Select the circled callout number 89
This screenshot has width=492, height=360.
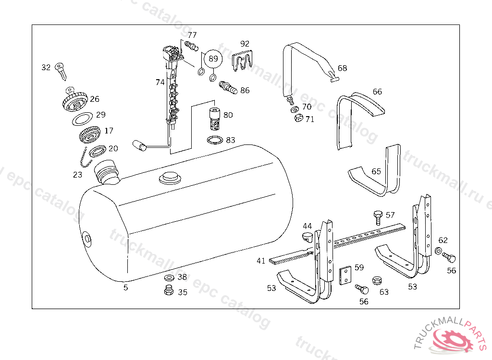[x=213, y=59]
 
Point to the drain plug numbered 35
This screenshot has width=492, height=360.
[x=169, y=290]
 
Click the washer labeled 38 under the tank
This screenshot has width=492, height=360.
[x=170, y=277]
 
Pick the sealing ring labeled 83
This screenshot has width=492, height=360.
[x=215, y=140]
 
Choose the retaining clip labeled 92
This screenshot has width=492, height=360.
[x=242, y=61]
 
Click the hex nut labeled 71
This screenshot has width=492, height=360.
[x=298, y=118]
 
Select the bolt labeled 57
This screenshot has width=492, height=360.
[x=378, y=218]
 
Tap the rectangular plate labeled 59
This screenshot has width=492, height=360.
[x=345, y=276]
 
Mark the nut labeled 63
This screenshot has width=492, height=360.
[x=377, y=280]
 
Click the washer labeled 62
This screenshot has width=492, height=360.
[x=438, y=251]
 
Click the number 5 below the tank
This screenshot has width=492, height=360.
[x=125, y=288]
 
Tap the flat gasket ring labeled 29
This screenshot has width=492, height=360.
[x=82, y=119]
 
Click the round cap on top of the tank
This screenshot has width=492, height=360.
[x=170, y=178]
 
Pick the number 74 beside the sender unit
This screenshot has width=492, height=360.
[x=160, y=82]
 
